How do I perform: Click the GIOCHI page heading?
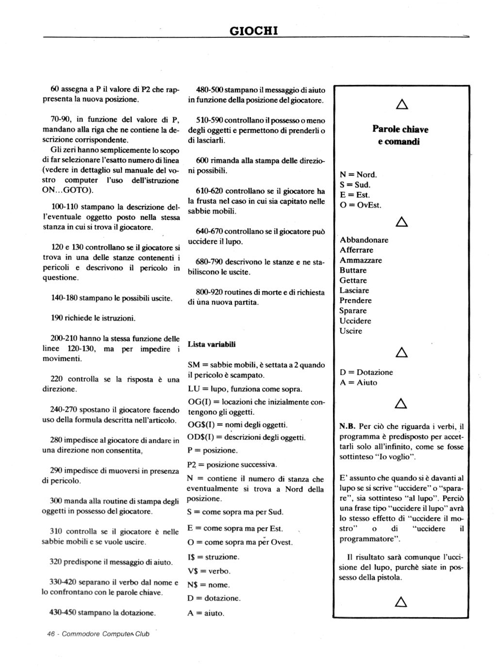pyautogui.click(x=253, y=31)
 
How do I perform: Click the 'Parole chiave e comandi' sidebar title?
pyautogui.click(x=400, y=135)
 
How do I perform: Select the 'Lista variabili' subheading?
pyautogui.click(x=212, y=344)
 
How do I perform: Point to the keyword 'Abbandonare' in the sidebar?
pyautogui.click(x=364, y=240)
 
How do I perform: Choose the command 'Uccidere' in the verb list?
pyautogui.click(x=355, y=321)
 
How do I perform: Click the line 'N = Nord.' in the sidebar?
pyautogui.click(x=358, y=174)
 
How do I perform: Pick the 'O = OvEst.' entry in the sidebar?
pyautogui.click(x=361, y=205)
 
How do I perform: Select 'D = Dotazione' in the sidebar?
pyautogui.click(x=366, y=372)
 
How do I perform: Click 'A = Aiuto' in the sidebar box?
pyautogui.click(x=358, y=383)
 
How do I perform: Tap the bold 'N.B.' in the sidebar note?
pyautogui.click(x=348, y=427)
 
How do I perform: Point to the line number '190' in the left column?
pyautogui.click(x=57, y=318)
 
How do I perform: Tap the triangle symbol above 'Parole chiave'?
pyautogui.click(x=401, y=104)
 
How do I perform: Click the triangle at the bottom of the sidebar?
pyautogui.click(x=401, y=602)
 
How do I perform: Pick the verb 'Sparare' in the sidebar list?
pyautogui.click(x=353, y=311)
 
